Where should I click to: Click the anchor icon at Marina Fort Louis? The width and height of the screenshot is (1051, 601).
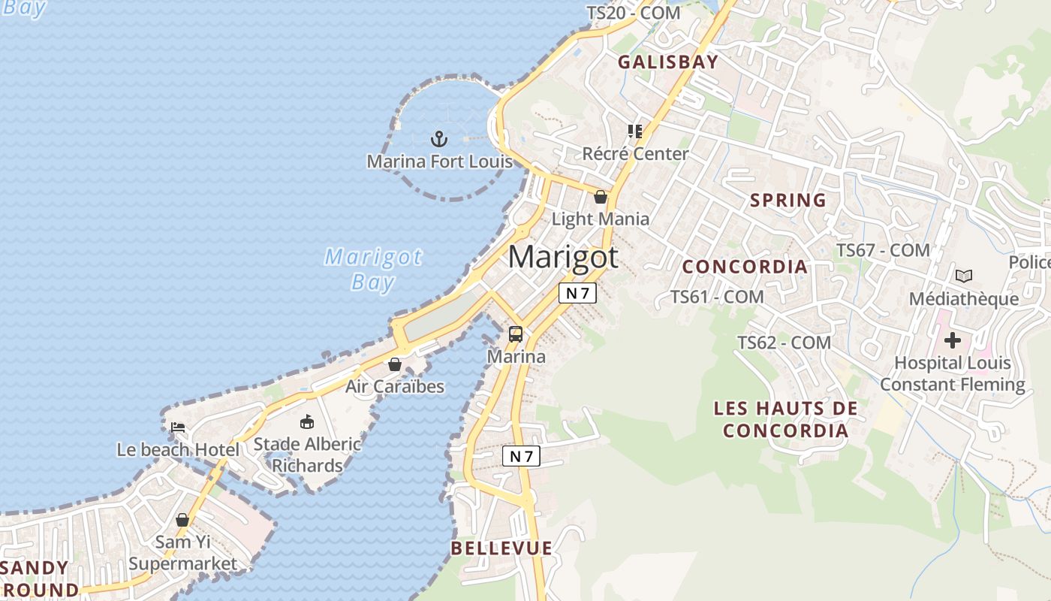439,138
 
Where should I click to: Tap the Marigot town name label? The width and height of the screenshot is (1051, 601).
563,257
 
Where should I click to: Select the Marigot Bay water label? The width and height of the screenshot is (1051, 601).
373,269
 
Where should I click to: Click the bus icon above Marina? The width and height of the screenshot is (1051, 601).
516,334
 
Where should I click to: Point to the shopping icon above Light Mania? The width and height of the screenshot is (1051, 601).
601,198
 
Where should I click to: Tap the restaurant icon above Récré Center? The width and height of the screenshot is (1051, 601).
635,131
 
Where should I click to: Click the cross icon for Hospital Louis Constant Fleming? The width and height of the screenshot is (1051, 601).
953,340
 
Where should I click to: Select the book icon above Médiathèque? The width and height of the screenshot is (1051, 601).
964,276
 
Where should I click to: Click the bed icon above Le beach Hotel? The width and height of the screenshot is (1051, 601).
178,427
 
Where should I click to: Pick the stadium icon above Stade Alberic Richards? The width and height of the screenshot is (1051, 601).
306,421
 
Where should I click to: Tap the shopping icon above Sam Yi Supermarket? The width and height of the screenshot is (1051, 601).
182,520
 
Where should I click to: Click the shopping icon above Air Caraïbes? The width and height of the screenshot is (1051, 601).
395,365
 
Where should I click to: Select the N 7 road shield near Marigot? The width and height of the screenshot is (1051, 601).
577,293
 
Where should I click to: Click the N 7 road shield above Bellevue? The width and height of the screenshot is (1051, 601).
521,456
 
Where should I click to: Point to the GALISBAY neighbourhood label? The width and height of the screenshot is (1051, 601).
668,62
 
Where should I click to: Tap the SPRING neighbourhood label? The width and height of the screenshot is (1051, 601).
788,201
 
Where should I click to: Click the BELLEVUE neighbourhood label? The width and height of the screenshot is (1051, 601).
501,548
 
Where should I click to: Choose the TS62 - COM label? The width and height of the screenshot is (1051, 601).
784,343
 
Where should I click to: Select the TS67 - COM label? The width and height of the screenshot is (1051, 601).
883,250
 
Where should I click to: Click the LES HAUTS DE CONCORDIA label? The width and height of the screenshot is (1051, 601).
785,419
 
